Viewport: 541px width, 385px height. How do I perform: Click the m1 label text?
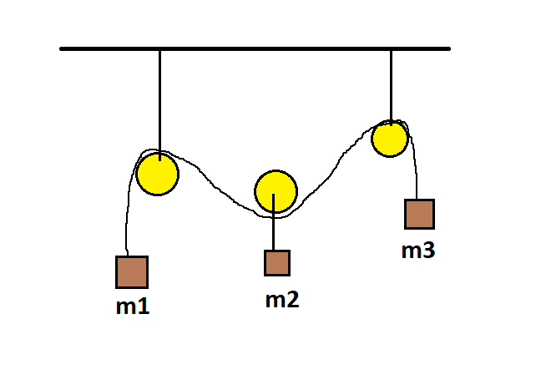click(x=133, y=306)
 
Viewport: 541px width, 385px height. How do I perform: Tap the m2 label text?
click(x=282, y=300)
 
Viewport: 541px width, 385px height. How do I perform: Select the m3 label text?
click(x=418, y=250)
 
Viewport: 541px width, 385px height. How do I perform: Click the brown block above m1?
click(x=132, y=272)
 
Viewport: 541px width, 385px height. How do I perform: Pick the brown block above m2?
click(x=277, y=263)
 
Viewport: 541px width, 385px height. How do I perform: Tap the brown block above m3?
click(x=420, y=214)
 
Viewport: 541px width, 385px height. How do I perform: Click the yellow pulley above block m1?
click(x=158, y=174)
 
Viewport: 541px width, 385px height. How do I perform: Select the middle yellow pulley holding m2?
click(x=276, y=191)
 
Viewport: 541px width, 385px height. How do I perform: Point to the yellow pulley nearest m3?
click(x=390, y=139)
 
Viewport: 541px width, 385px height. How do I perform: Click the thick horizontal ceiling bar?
click(x=255, y=49)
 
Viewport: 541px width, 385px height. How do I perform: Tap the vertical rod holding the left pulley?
click(x=159, y=105)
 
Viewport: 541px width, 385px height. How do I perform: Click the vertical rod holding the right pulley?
click(x=392, y=88)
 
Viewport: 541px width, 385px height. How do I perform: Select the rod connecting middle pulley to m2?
click(x=274, y=222)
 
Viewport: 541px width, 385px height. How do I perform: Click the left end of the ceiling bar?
click(x=61, y=49)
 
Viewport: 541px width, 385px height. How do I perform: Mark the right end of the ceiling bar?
click(x=449, y=49)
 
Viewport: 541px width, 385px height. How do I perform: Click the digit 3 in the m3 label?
click(x=429, y=250)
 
